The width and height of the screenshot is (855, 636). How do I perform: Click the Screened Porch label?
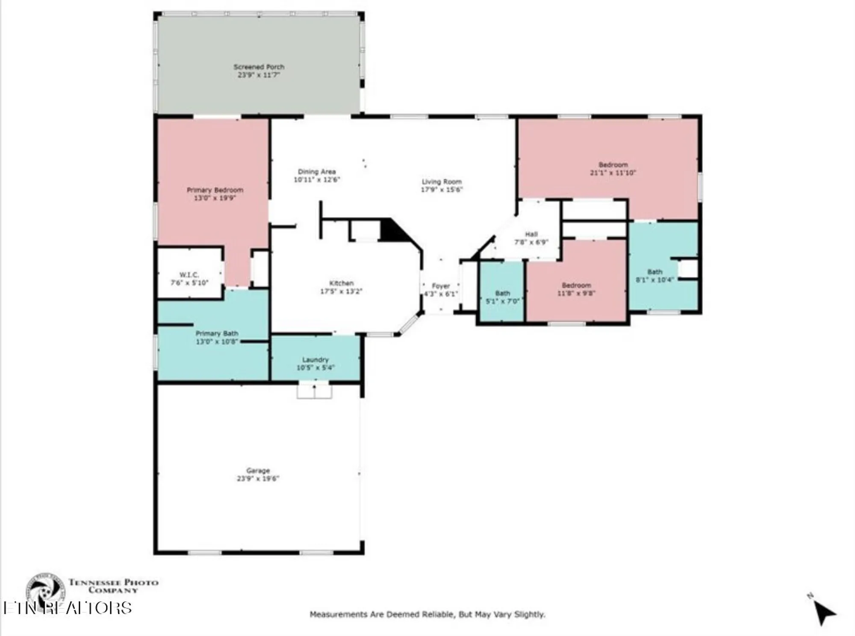pyautogui.click(x=259, y=67)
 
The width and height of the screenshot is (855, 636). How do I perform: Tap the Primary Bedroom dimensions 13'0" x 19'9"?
pyautogui.click(x=215, y=198)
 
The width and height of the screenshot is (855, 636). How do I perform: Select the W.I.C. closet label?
pyautogui.click(x=189, y=275)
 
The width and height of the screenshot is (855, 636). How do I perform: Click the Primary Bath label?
pyautogui.click(x=217, y=333)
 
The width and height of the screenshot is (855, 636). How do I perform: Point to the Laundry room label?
pyautogui.click(x=315, y=360)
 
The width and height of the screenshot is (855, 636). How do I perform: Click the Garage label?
pyautogui.click(x=258, y=471)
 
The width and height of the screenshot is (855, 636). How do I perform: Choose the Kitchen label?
pyautogui.click(x=341, y=283)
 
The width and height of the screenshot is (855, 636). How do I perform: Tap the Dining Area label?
pyautogui.click(x=316, y=172)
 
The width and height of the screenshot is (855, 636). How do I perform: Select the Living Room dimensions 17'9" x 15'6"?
pyautogui.click(x=442, y=189)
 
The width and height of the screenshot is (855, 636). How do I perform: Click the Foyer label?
pyautogui.click(x=441, y=286)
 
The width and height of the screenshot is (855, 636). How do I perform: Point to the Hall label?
pyautogui.click(x=531, y=234)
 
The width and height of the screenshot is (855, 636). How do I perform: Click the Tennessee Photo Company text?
pyautogui.click(x=113, y=586)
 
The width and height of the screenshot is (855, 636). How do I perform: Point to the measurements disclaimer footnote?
pyautogui.click(x=427, y=615)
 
